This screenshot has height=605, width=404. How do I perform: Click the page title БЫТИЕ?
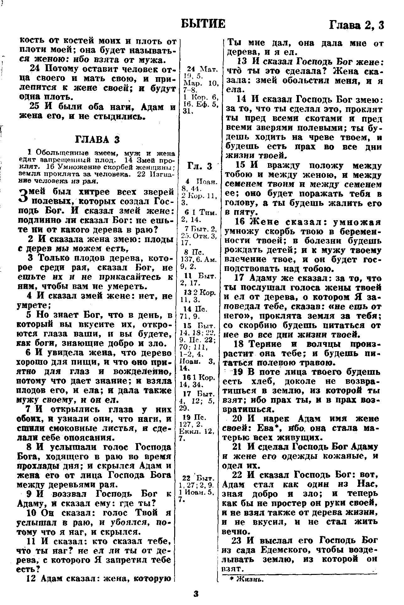[203, 24]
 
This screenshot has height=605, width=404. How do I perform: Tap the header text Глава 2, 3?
[357, 25]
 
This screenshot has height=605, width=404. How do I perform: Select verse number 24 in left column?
[35, 69]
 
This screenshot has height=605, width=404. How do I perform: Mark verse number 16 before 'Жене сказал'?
[240, 222]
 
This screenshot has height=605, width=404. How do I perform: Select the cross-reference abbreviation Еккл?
[187, 433]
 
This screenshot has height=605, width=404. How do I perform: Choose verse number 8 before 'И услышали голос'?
[30, 447]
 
